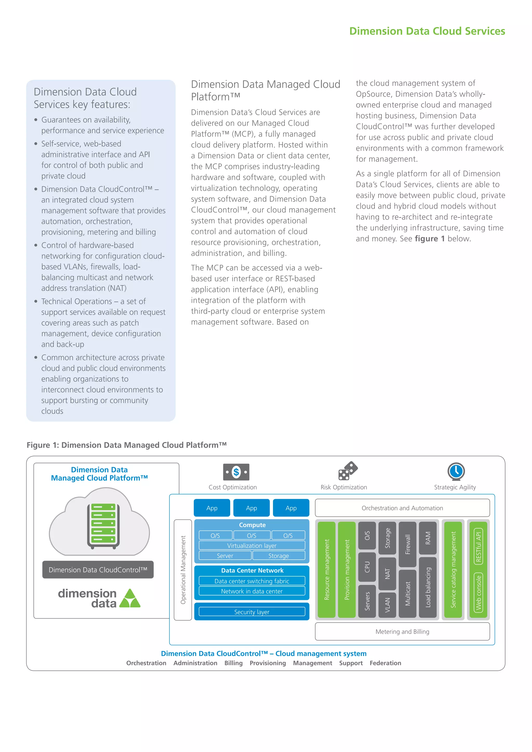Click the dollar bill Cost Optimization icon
click(236, 472)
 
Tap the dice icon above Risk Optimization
click(348, 471)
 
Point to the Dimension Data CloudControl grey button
click(98, 570)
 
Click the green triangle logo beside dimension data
click(130, 598)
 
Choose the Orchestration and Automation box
click(402, 508)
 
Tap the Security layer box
click(252, 612)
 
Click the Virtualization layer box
click(252, 545)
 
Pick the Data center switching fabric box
click(252, 581)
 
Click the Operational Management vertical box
click(183, 570)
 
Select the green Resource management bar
click(327, 570)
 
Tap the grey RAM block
click(428, 538)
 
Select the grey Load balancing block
click(428, 587)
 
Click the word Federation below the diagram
click(385, 663)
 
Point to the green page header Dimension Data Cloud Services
click(427, 31)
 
